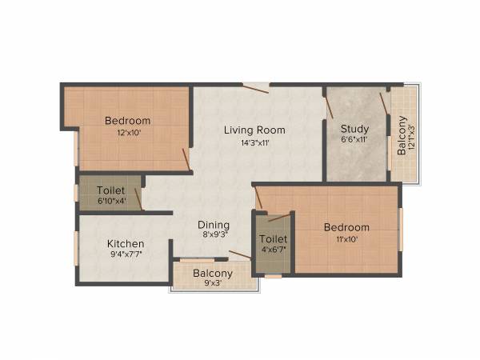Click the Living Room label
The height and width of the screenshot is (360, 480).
click(254, 130)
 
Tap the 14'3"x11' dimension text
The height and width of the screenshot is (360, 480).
click(254, 143)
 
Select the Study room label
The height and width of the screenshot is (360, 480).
click(354, 130)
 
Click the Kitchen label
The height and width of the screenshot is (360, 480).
click(126, 243)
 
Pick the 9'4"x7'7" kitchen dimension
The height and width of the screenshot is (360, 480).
click(126, 256)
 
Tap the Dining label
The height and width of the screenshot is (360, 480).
click(214, 225)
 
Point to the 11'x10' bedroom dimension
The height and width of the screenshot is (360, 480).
click(346, 239)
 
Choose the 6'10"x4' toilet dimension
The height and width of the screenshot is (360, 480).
click(110, 202)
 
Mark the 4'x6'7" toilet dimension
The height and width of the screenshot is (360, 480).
click(273, 249)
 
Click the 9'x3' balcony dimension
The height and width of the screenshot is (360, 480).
click(213, 282)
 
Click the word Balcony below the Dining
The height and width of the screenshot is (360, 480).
click(213, 271)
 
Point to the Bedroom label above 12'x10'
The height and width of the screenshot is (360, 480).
click(127, 121)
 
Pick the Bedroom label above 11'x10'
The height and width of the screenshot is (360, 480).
click(346, 227)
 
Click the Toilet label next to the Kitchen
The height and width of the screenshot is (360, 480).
click(110, 190)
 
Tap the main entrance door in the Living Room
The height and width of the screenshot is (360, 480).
click(256, 86)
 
